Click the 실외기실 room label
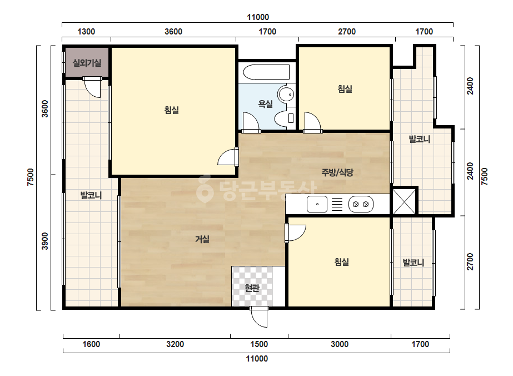pos(87,62)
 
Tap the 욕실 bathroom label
pos(265,104)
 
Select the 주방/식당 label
pos(337,172)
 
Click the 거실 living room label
pos(202,239)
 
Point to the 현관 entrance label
pos(252,288)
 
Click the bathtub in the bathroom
pos(267,72)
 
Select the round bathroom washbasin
pos(286,95)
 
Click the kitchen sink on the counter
pos(317,204)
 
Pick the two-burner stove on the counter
pos(361,204)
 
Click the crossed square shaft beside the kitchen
pos(404,201)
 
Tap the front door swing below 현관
pos(259,316)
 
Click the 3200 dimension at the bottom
pos(175,344)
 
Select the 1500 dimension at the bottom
pos(259,344)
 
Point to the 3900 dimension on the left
pos(45,241)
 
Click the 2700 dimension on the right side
pos(470,261)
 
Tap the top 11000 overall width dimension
pos(258,17)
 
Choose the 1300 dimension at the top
pos(86,32)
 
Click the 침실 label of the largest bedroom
pos(172,110)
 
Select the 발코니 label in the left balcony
pos(91,196)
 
